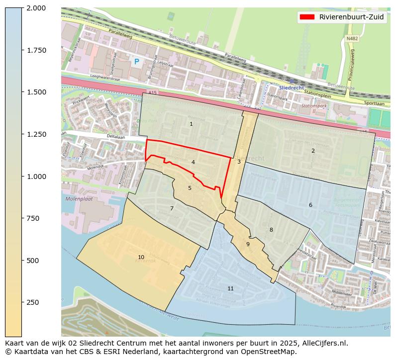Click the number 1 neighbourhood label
coord(191,124)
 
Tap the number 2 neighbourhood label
coord(313,151)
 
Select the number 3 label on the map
coord(239,162)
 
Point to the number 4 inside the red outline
coord(193,162)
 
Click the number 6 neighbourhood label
coord(310,205)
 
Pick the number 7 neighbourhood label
coord(172,208)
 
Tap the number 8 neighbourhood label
coord(271,230)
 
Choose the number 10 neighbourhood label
coord(141,257)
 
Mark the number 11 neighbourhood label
coord(230,288)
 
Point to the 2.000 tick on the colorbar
coord(36,8)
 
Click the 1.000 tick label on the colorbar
coord(36,177)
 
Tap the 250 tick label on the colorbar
coord(33,302)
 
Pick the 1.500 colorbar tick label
coord(36,92)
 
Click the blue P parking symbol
coord(136,62)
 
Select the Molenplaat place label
coord(79,199)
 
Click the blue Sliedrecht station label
coord(291,88)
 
